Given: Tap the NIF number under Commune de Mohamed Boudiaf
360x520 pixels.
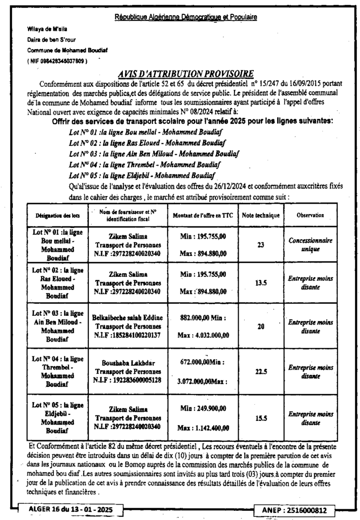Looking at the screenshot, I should point(57,61).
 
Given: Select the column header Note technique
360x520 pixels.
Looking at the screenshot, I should point(261,215).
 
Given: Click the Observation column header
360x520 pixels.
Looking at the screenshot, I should point(310,215).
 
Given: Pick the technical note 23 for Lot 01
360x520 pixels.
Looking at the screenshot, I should point(261,245).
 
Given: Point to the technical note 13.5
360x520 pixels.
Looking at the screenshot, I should point(261,283).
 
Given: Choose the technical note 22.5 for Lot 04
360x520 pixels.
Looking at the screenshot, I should point(261,371).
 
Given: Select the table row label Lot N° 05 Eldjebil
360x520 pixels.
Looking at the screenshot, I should point(50,417).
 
